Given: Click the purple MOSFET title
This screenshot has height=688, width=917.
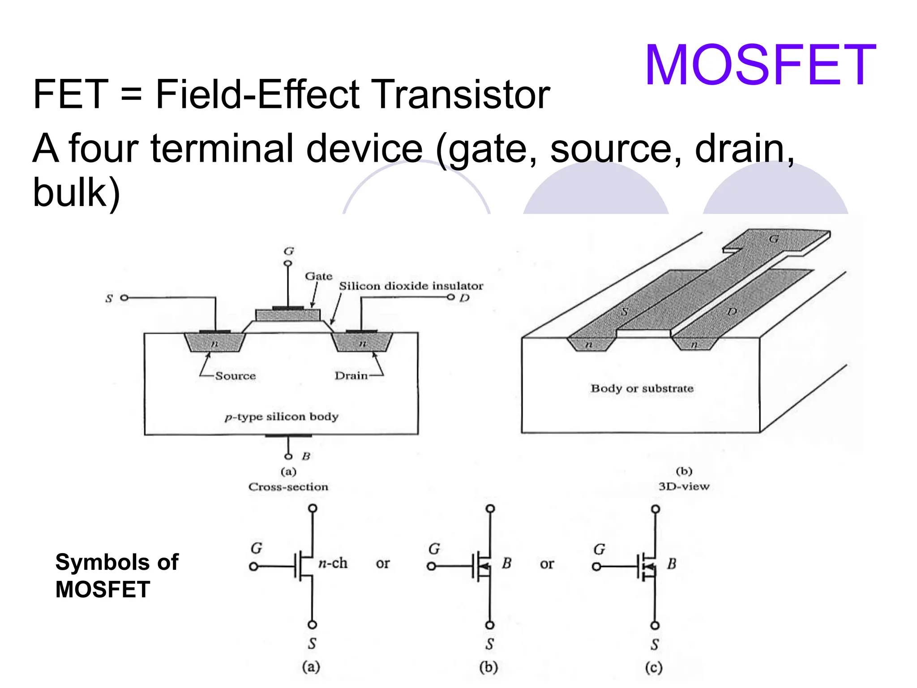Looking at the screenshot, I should pyautogui.click(x=760, y=65).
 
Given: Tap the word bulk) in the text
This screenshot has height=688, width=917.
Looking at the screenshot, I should pyautogui.click(x=77, y=193).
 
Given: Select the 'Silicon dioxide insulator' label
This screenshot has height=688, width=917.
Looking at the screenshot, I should pyautogui.click(x=411, y=286).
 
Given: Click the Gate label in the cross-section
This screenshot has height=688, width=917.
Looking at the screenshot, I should pyautogui.click(x=318, y=276).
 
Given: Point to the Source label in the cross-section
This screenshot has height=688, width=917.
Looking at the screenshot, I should pyautogui.click(x=236, y=376).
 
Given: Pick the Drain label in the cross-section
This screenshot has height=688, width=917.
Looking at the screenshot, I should pyautogui.click(x=351, y=375).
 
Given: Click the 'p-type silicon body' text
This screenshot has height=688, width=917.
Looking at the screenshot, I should pyautogui.click(x=282, y=417).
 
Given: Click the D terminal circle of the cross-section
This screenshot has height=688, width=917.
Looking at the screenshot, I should pyautogui.click(x=451, y=297).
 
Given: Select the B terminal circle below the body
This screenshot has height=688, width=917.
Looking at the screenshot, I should pyautogui.click(x=288, y=456).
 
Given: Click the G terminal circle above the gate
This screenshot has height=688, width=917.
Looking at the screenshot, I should pyautogui.click(x=288, y=263).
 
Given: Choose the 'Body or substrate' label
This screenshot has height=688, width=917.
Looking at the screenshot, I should pyautogui.click(x=642, y=388).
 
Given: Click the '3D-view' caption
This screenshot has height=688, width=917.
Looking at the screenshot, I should pyautogui.click(x=684, y=486).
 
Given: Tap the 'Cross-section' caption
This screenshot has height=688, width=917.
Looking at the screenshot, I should pyautogui.click(x=288, y=487).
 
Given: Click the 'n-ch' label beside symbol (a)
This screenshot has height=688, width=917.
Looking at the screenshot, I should pyautogui.click(x=333, y=563).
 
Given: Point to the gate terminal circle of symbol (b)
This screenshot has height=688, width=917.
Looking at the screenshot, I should pyautogui.click(x=431, y=567).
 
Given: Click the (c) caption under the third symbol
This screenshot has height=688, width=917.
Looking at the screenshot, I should pyautogui.click(x=654, y=668).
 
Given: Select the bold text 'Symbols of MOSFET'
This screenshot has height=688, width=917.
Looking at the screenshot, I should pyautogui.click(x=116, y=576).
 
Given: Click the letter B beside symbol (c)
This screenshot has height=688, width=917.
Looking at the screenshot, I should pyautogui.click(x=672, y=564).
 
